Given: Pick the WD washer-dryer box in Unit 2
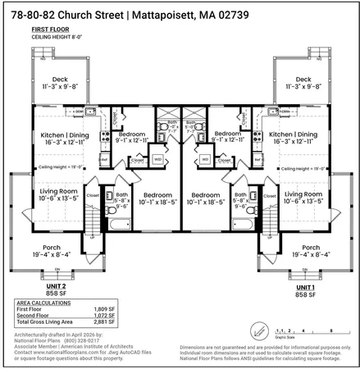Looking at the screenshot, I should [157, 158].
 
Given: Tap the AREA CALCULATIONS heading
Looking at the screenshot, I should [43, 303].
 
